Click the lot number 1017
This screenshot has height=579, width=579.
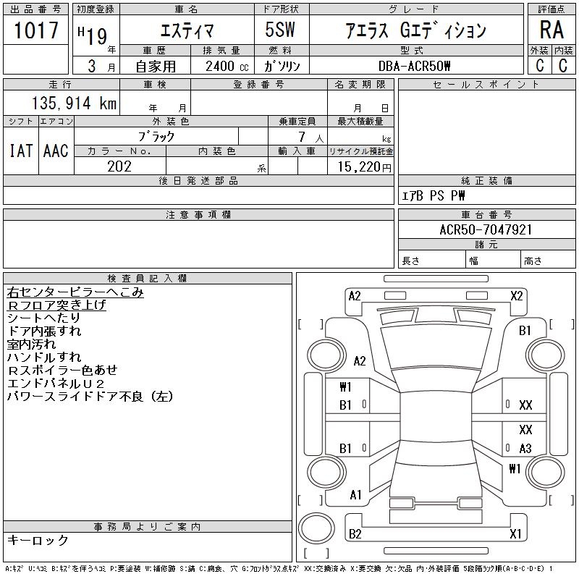(x=36, y=30)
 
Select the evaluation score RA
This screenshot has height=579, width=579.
(x=551, y=30)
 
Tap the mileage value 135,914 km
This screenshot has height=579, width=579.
(x=75, y=103)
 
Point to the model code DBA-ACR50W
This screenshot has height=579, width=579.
(x=414, y=66)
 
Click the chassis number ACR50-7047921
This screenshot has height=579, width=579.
(x=486, y=229)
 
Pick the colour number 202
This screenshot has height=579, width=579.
(x=119, y=166)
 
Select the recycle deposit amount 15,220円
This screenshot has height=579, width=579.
(x=364, y=167)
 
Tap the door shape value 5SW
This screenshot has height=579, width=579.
(x=280, y=30)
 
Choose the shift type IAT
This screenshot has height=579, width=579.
(x=21, y=151)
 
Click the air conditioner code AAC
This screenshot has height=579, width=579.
(x=56, y=151)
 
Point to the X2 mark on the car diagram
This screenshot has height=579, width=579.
(x=517, y=296)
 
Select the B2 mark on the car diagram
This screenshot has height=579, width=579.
(x=355, y=533)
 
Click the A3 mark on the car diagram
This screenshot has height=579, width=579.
(x=525, y=448)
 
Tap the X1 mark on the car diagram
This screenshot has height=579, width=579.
(x=515, y=533)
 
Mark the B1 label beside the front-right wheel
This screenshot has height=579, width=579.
(x=525, y=331)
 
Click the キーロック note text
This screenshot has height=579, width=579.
(x=38, y=540)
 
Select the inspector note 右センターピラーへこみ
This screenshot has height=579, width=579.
(x=75, y=292)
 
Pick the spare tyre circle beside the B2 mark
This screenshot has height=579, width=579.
(x=316, y=528)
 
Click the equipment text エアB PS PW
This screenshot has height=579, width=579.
(x=433, y=195)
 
